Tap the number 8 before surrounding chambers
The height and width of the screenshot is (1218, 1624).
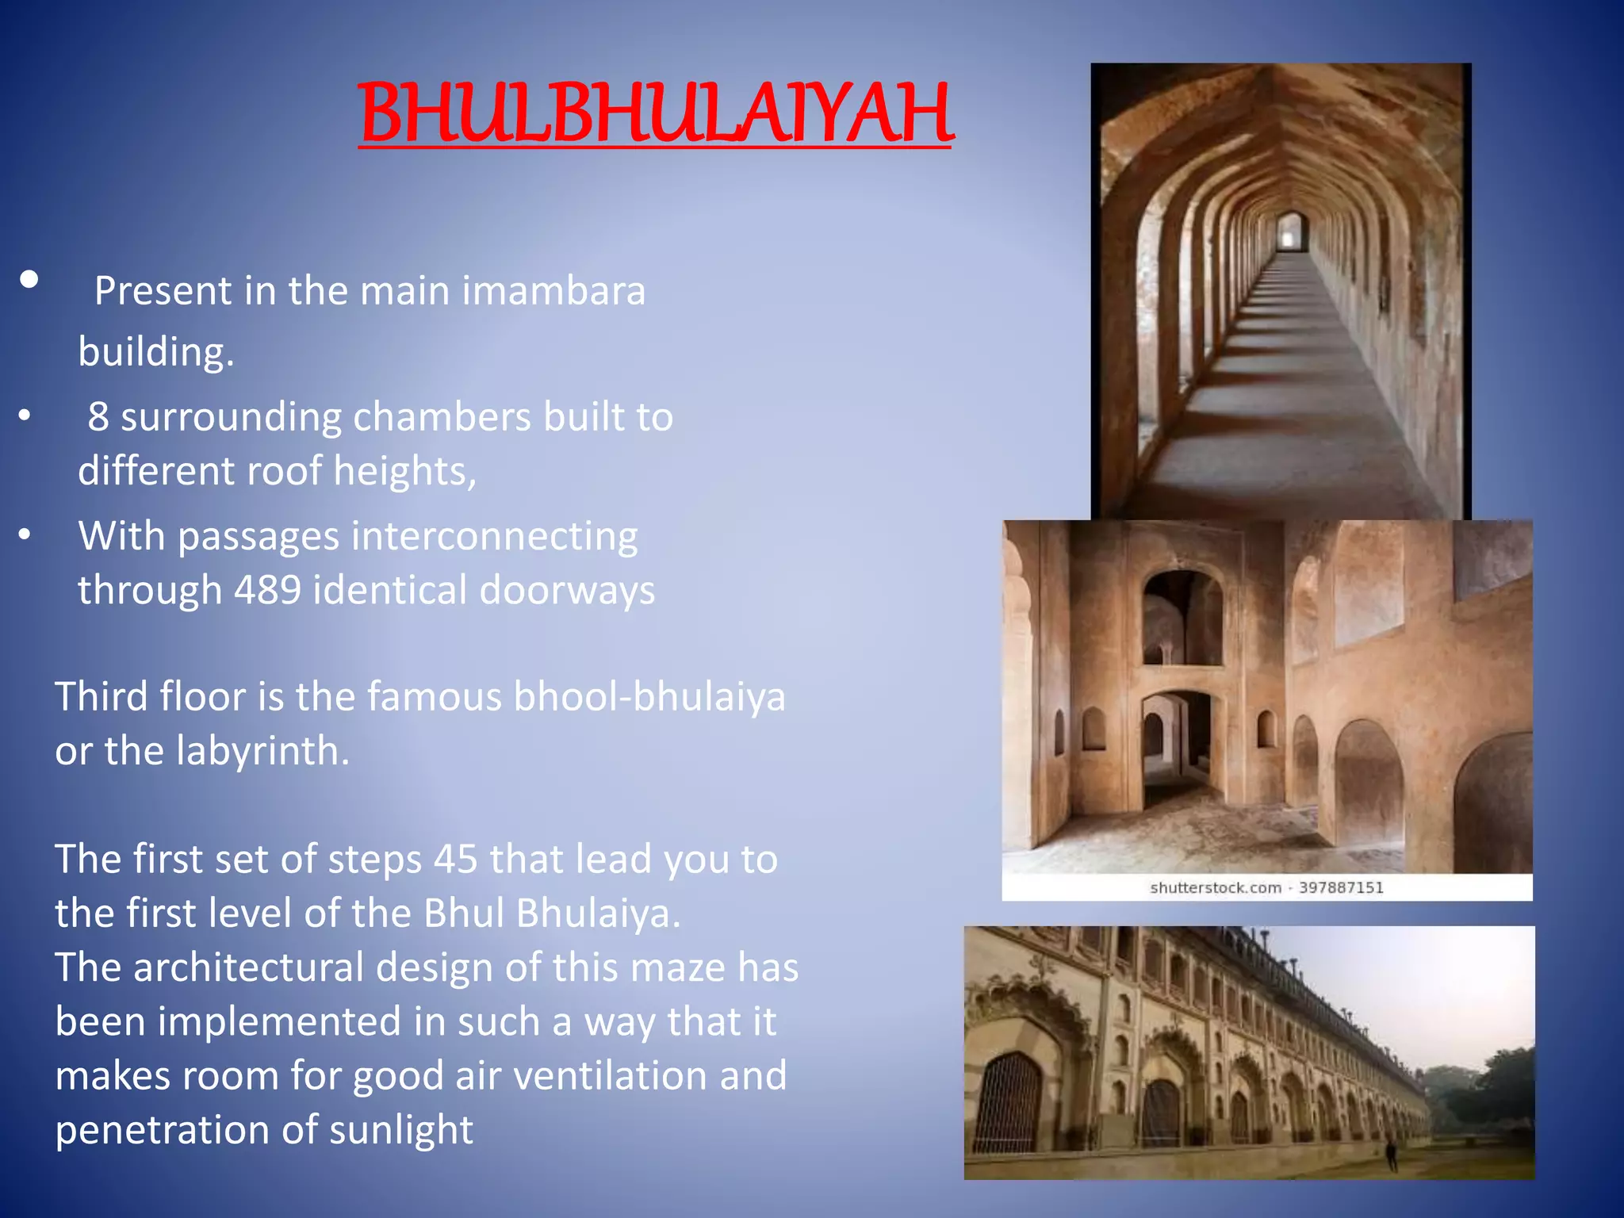click(98, 416)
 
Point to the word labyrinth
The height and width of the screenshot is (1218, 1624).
click(262, 750)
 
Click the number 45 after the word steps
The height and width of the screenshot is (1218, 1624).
click(455, 859)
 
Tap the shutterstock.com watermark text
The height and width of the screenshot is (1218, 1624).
click(1215, 887)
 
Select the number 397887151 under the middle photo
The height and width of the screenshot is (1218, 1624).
click(1341, 887)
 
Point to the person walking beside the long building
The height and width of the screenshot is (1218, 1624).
click(1391, 1155)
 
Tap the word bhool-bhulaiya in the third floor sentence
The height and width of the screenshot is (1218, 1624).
click(649, 696)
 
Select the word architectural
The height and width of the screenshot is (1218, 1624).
click(248, 967)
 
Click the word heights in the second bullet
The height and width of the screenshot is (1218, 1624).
click(404, 471)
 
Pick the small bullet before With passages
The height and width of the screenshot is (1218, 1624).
click(25, 535)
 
